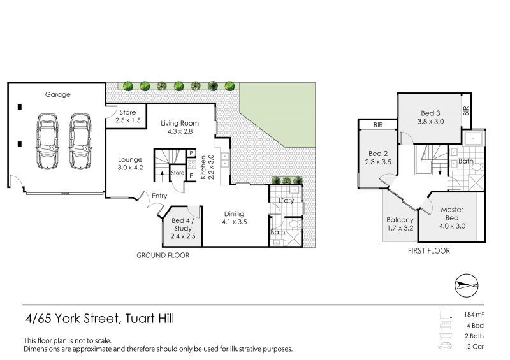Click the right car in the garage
point(81,141)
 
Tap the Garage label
point(57,94)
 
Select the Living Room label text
point(180,127)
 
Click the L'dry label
point(284,201)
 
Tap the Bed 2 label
point(378,158)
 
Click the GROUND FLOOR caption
point(163,255)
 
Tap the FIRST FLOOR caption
point(428,251)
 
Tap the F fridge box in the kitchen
point(191,174)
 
